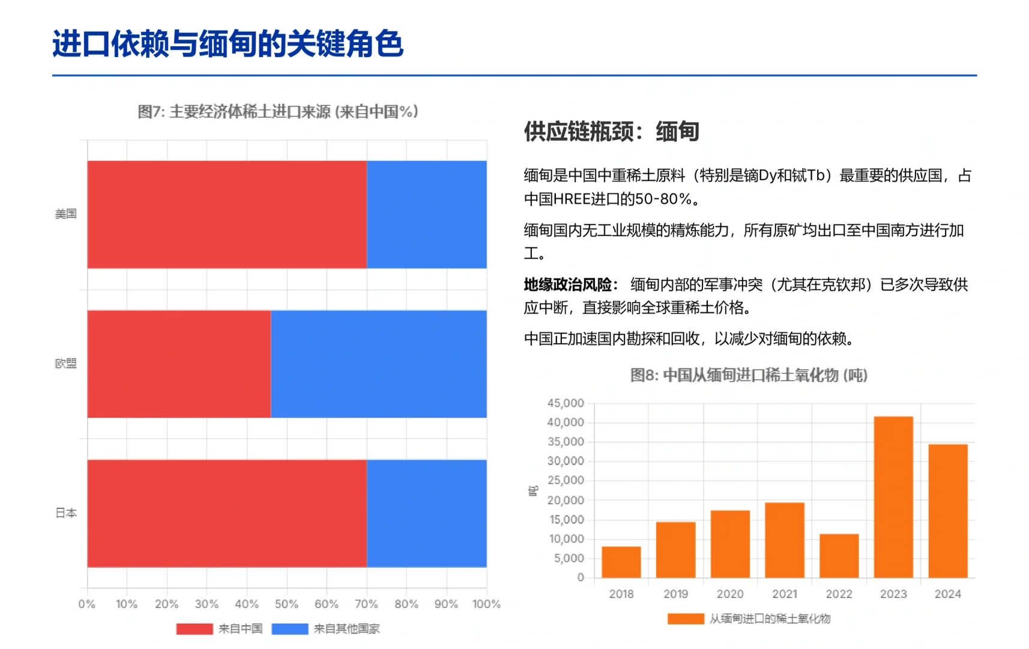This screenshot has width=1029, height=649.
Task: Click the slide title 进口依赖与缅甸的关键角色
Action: coord(228,44)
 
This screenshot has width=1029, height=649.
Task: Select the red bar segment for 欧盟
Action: coord(179,364)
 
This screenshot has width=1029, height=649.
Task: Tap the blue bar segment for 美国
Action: coord(426,214)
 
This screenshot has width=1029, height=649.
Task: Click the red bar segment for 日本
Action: coord(227,513)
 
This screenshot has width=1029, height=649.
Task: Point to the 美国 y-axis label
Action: coord(66,214)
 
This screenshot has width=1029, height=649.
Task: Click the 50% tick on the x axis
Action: coord(286,604)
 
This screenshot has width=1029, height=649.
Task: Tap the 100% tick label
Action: coord(486,604)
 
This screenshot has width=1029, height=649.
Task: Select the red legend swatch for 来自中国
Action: coord(194,629)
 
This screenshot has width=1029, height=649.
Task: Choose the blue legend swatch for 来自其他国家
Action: coord(289,629)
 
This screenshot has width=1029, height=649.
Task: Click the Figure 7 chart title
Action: coord(278,112)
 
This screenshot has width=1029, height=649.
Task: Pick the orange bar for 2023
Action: coord(893,497)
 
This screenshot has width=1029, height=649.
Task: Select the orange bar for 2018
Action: coord(621,562)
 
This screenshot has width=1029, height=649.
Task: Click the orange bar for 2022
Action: coord(839,556)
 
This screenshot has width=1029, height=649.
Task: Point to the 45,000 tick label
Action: coord(566,403)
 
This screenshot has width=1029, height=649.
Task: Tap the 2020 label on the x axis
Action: coord(730,594)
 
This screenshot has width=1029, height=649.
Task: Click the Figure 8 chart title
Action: coord(749,375)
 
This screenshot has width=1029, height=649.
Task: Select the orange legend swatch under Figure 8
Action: coord(686,619)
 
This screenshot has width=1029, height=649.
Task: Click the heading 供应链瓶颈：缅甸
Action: coord(611,132)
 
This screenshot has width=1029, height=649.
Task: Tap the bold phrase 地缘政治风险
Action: coord(567,285)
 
